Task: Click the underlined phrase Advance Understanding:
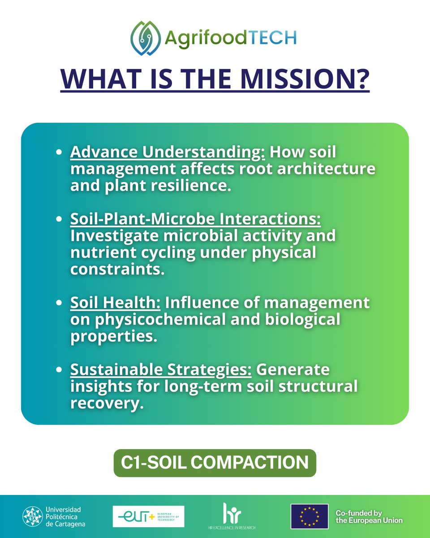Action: pos(168,153)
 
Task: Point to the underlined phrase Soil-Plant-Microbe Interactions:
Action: pos(196,219)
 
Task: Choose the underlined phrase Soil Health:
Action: pos(116,303)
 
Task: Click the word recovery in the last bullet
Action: pos(107,403)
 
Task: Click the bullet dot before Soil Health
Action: pos(59,303)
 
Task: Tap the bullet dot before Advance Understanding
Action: pos(59,153)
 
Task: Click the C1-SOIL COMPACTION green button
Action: pos(215,463)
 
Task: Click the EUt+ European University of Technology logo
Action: pos(148,516)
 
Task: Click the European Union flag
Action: pos(310,516)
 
